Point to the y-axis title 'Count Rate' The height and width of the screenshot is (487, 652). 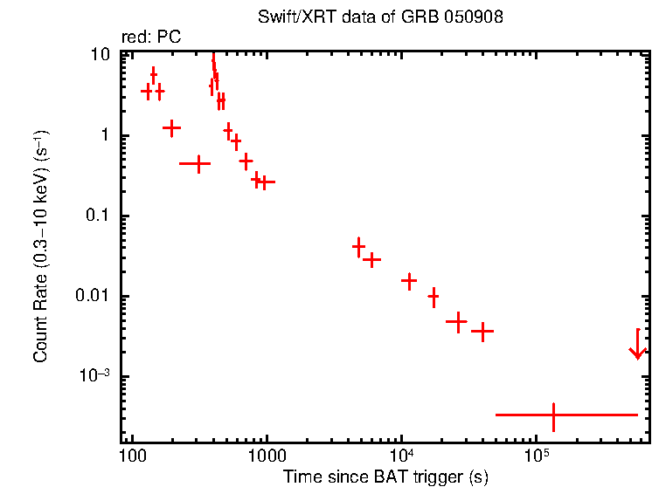[x=40, y=247]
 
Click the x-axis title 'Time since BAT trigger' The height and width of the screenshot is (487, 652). [x=385, y=477]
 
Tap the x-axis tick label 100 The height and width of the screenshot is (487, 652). [x=132, y=455]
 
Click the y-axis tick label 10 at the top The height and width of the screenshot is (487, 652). [x=101, y=54]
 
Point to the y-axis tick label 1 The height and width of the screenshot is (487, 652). [x=105, y=135]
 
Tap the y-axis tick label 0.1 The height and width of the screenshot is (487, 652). [x=99, y=216]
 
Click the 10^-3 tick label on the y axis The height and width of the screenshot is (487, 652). [x=94, y=375]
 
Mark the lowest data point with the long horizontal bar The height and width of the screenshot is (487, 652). [x=553, y=415]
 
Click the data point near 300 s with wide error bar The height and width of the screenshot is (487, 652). [x=199, y=163]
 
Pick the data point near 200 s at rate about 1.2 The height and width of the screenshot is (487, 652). [x=172, y=127]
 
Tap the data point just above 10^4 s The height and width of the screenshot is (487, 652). [x=409, y=281]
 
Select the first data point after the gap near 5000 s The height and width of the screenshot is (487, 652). [x=358, y=247]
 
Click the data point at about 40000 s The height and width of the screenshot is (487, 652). [x=482, y=332]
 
